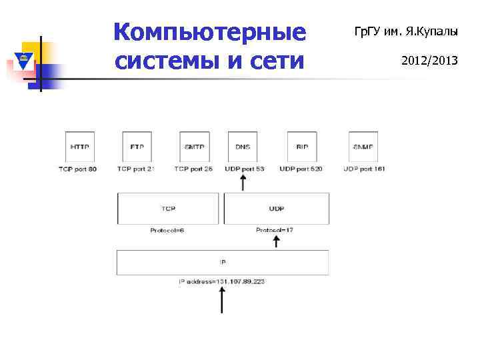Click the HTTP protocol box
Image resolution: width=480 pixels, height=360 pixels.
tap(79, 146)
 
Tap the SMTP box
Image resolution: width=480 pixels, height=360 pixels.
tap(193, 146)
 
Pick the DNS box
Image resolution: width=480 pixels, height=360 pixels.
tap(243, 146)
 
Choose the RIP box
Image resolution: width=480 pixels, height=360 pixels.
tap(301, 146)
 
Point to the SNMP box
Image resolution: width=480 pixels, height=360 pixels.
tap(363, 146)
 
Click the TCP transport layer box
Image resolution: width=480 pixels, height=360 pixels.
tap(167, 208)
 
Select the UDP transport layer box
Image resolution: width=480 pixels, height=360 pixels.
tap(276, 208)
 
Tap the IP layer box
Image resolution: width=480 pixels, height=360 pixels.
tap(222, 262)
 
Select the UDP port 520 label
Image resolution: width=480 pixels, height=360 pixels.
tap(301, 169)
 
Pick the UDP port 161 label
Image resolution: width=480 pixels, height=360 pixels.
tap(364, 169)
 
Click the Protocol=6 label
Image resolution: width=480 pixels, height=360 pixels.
tap(167, 230)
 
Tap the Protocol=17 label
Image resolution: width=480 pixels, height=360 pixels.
tap(275, 230)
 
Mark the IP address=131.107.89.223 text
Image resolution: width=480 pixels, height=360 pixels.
tap(222, 282)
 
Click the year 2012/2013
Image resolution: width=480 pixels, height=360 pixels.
tap(429, 61)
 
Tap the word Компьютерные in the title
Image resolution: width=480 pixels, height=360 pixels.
tap(209, 31)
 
